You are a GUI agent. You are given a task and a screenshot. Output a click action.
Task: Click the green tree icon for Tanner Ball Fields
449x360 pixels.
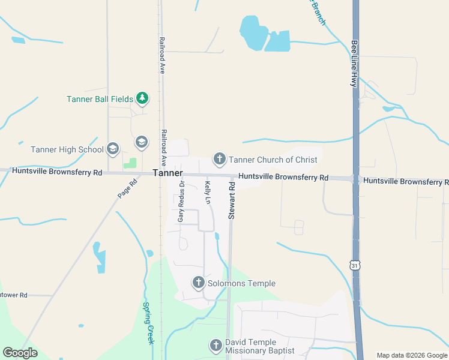coord(142,98)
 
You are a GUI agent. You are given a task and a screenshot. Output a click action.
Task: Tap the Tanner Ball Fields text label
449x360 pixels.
coord(100,99)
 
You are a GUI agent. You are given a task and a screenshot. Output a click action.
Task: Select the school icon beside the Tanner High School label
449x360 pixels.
coord(112,149)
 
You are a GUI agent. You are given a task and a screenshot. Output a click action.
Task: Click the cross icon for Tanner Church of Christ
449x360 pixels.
coord(219,159)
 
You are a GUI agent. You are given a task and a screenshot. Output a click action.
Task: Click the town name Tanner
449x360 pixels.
coord(167,173)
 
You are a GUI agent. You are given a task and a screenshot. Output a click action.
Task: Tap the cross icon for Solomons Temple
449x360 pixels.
coord(199,283)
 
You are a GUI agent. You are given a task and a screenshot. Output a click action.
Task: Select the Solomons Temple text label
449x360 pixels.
coord(241,283)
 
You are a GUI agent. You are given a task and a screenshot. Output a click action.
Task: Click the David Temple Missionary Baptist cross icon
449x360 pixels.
coord(216,345)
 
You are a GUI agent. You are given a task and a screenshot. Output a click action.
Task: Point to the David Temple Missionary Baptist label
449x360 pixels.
coord(260,346)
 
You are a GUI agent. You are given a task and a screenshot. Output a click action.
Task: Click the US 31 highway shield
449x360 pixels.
coord(356,265)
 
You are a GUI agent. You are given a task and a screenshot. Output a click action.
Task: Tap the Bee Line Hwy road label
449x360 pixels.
coord(355,64)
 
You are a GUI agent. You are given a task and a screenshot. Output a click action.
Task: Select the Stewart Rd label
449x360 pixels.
coord(231,201)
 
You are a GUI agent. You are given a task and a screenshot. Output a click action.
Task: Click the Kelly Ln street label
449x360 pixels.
coord(208,192)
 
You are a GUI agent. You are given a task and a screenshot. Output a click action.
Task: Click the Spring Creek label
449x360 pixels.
coord(148,322)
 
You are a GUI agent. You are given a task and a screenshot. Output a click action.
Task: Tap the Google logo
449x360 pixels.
coord(20,353)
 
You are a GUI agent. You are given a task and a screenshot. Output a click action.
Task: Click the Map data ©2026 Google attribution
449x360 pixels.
coord(412,355)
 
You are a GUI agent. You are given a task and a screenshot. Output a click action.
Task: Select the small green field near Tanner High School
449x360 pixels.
coord(129,163)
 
